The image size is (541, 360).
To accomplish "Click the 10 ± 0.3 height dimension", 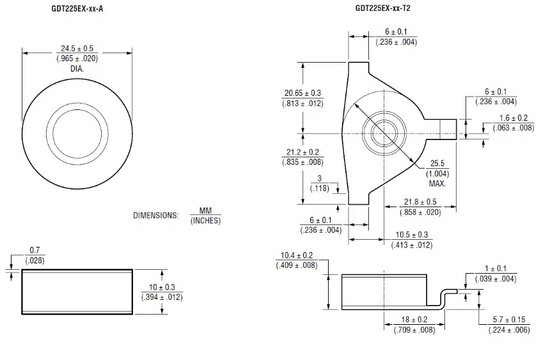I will [162, 286].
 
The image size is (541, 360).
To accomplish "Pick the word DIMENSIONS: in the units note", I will [155, 215].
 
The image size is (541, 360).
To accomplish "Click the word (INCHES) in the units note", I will [205, 221].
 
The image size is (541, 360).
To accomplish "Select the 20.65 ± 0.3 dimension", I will [303, 93].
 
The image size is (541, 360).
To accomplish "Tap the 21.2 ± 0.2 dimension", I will [303, 152].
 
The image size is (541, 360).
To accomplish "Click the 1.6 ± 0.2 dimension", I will [513, 118].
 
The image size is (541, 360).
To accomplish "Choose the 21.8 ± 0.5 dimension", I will [419, 201].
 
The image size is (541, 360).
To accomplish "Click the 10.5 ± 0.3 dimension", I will [411, 235].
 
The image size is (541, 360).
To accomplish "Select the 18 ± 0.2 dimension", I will [411, 320].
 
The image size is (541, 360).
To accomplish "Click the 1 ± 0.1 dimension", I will [496, 269].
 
